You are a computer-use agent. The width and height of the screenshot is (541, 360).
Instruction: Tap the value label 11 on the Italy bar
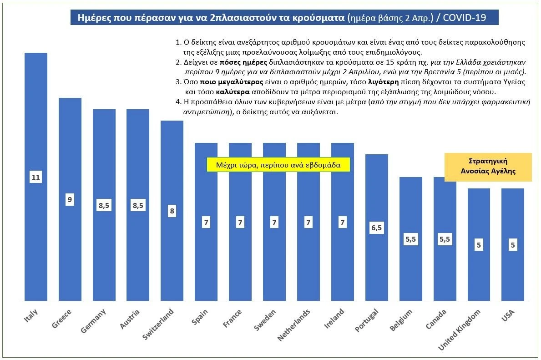(36, 177)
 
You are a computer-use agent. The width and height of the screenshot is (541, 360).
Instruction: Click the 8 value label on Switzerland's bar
(172, 211)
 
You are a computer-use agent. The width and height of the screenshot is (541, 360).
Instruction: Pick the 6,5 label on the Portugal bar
(376, 228)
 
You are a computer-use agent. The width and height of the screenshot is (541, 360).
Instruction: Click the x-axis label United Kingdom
(460, 330)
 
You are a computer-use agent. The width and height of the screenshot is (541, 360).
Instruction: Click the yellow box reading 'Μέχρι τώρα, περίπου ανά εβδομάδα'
(278, 165)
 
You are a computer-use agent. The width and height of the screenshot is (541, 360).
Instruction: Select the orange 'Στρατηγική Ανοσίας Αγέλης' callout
(488, 167)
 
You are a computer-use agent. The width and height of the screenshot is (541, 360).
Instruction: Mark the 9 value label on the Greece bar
(70, 199)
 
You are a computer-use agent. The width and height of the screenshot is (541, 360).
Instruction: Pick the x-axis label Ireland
(336, 318)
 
